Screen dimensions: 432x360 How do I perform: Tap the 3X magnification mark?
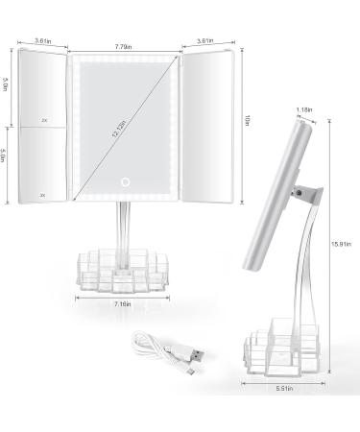point(42,195)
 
